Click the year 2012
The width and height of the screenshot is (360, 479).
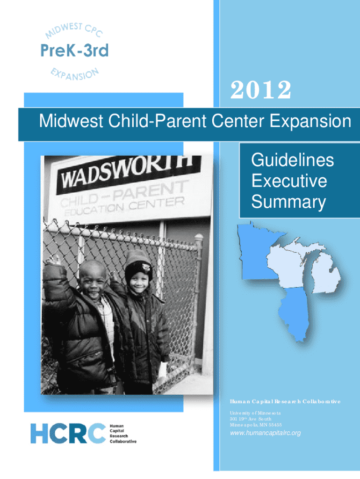click(260, 90)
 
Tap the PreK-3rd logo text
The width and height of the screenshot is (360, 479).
click(74, 51)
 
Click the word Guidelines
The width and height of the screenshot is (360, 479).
click(293, 160)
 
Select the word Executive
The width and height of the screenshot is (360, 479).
click(289, 181)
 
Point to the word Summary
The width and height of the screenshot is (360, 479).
click(288, 202)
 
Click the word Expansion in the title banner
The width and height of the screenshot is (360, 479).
click(310, 121)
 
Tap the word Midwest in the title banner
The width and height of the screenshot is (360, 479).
click(71, 121)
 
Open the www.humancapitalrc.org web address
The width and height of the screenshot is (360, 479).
click(266, 433)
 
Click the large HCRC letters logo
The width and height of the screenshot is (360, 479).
click(68, 433)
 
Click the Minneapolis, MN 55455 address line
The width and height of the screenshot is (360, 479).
click(256, 425)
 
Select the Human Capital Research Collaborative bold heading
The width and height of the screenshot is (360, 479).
click(285, 401)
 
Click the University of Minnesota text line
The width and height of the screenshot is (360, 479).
click(255, 413)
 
